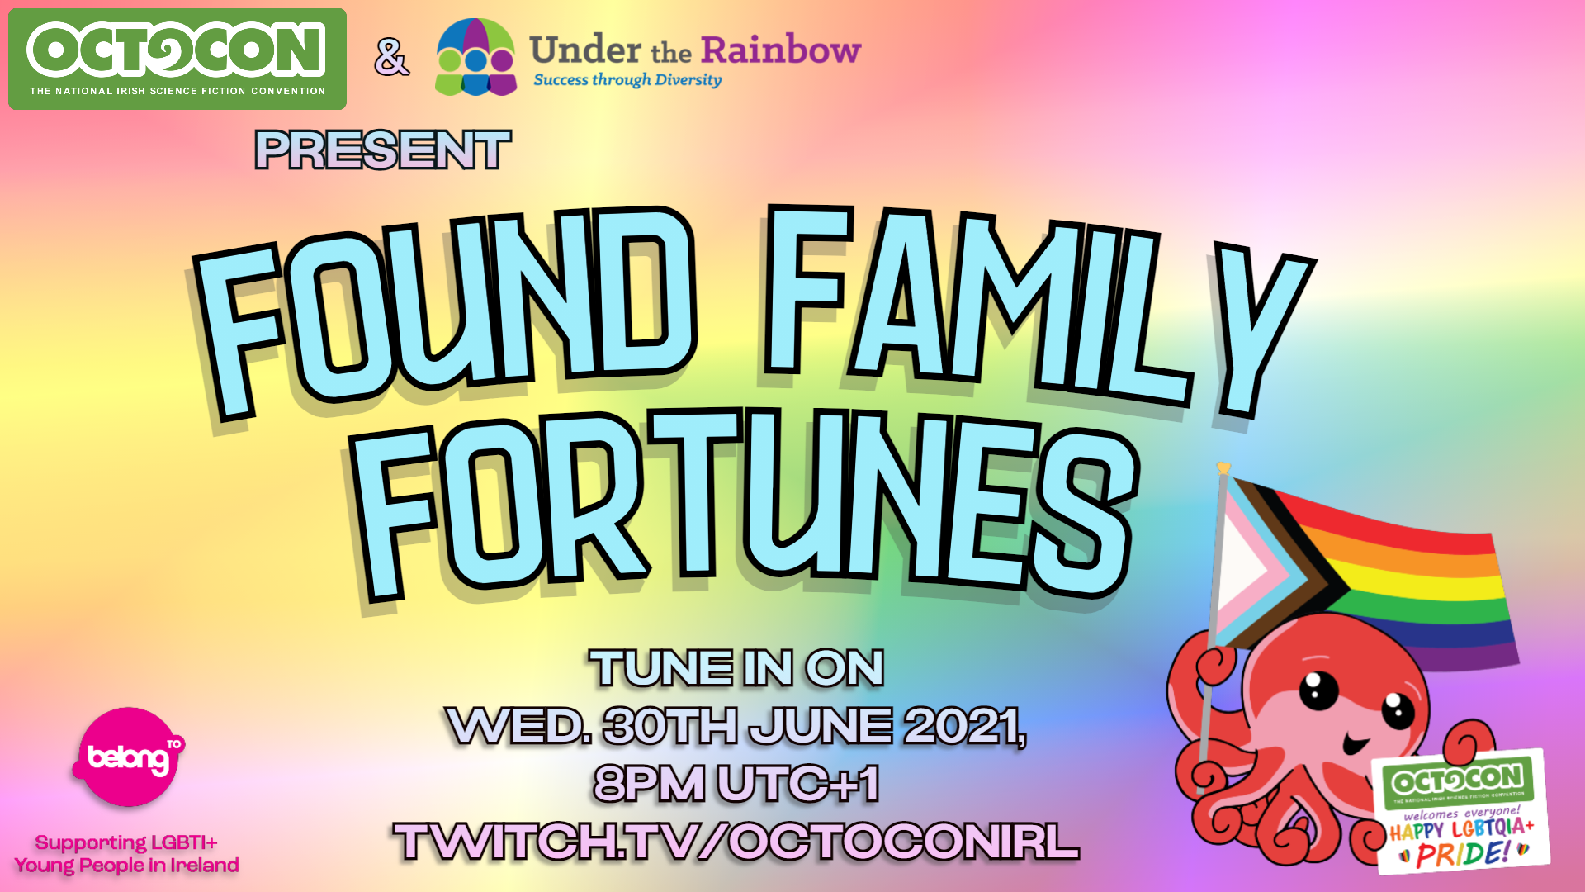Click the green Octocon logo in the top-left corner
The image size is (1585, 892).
tap(177, 59)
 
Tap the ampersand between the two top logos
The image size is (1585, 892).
tap(391, 58)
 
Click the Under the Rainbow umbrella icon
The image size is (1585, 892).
tap(475, 57)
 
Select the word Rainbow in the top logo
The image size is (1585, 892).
tap(781, 50)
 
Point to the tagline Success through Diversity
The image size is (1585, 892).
tap(627, 80)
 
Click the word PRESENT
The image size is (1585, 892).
tap(383, 150)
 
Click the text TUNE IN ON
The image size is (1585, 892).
tap(736, 668)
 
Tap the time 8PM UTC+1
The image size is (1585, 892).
tap(736, 784)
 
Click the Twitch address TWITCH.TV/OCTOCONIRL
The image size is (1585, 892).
tap(736, 842)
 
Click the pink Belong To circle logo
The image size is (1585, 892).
tap(129, 757)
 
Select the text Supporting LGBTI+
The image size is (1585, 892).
tap(126, 842)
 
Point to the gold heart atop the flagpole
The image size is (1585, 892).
tap(1223, 468)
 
